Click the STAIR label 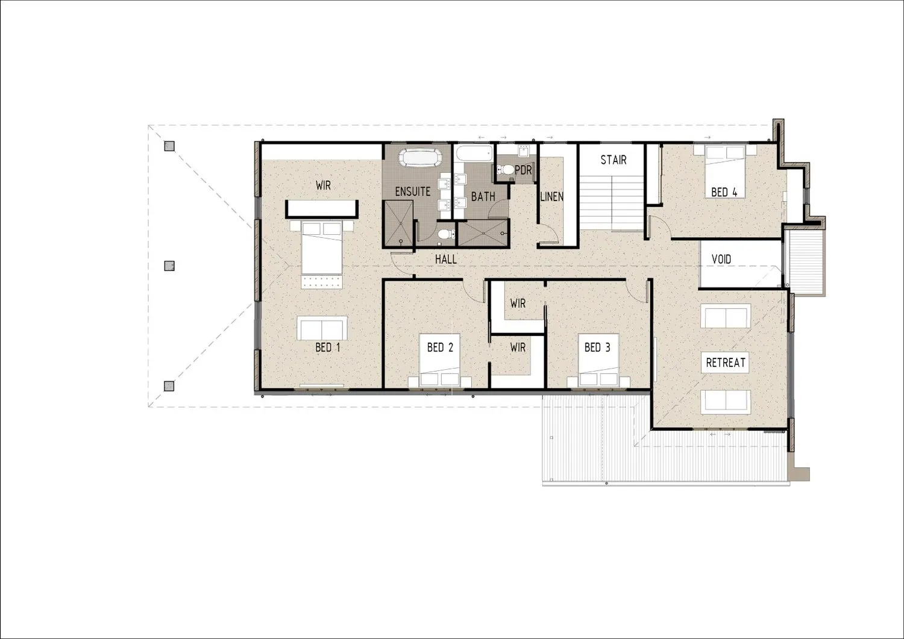(x=614, y=160)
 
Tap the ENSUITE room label (x=412, y=192)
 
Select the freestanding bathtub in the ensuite (x=420, y=158)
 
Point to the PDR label (x=523, y=170)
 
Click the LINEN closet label (x=551, y=197)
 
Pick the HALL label (x=446, y=260)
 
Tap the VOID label (x=721, y=259)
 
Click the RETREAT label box (x=725, y=363)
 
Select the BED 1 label (x=327, y=348)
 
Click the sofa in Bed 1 (x=322, y=328)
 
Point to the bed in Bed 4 (x=725, y=171)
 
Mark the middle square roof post (x=169, y=266)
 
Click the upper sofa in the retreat (x=726, y=316)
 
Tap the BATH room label (x=483, y=197)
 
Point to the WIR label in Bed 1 (x=323, y=185)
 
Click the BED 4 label (x=724, y=193)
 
